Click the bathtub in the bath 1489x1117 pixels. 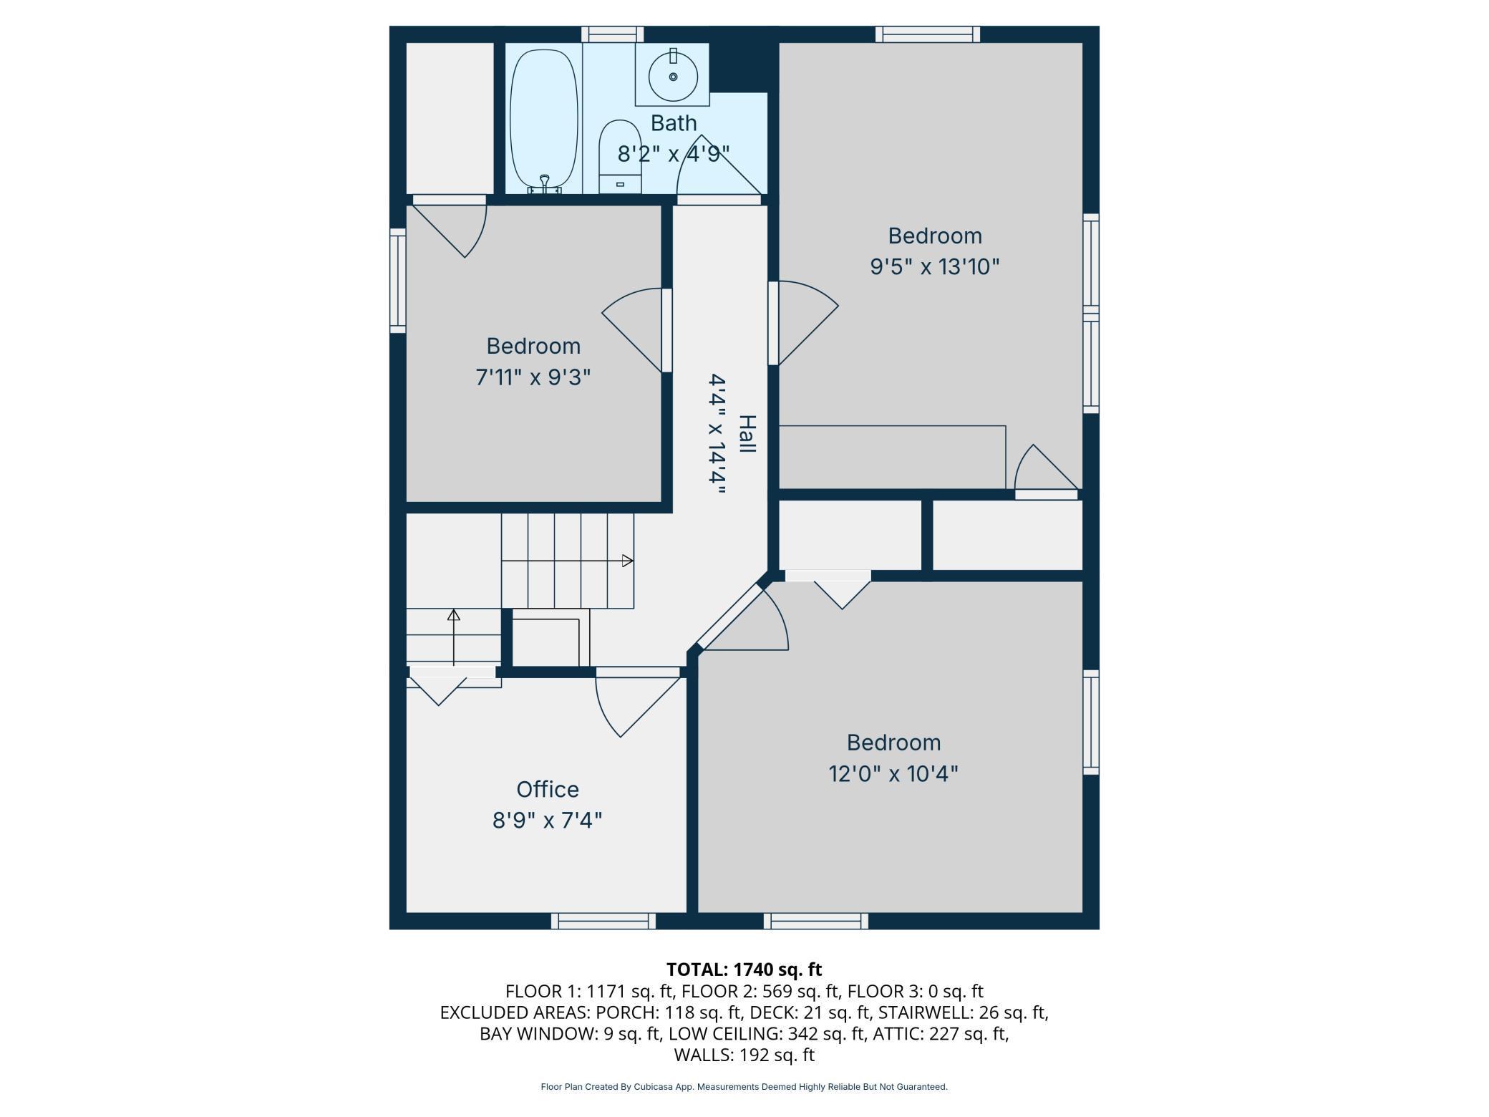tap(543, 120)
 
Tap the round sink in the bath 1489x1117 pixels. tap(673, 77)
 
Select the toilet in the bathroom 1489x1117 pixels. tap(620, 157)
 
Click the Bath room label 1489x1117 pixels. tap(673, 123)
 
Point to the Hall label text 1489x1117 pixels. tap(747, 434)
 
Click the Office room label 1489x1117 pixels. tap(548, 789)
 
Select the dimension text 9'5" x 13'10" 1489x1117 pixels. tap(934, 267)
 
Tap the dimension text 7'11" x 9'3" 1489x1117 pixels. tap(533, 377)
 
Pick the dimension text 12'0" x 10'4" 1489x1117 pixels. tap(893, 774)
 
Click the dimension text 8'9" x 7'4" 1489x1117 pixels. tap(548, 820)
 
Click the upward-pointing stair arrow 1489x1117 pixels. tap(454, 637)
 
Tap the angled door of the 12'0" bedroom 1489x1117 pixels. tap(729, 616)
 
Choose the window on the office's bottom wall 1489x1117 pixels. tap(603, 922)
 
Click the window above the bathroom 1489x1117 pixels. tap(612, 34)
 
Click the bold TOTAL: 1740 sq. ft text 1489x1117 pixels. tap(744, 969)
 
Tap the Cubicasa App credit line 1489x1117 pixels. tap(744, 1087)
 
